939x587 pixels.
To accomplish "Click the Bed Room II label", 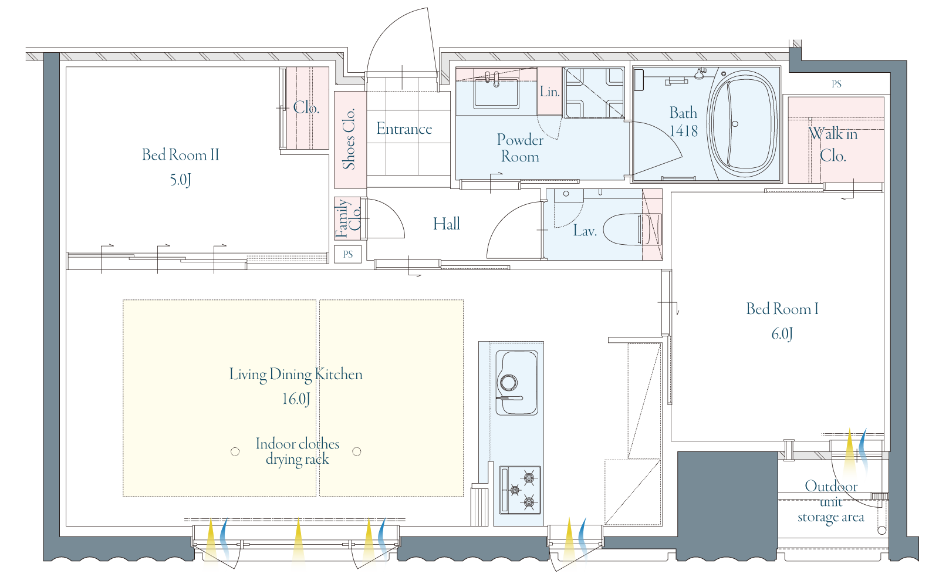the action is coord(181,155).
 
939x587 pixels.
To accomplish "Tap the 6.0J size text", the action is coord(782,334).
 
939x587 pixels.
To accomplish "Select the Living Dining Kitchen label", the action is coord(296,375).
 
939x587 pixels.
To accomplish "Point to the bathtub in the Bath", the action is coord(742,124).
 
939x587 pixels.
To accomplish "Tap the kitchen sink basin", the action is coord(517,382).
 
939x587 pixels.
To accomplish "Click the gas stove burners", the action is coord(520,490).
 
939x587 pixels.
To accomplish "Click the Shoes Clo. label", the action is coord(349,139).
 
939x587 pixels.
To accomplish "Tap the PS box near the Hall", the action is coord(348,255).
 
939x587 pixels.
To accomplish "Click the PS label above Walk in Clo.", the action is coord(836,84).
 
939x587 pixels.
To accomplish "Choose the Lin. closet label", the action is coord(549,92).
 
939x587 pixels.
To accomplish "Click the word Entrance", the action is coord(404,129).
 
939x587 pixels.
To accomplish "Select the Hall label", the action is coord(447,224).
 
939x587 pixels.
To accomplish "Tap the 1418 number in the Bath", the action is coord(683,131).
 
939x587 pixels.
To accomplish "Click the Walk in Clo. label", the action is coord(833,144).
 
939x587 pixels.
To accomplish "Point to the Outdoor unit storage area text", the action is coord(831,502).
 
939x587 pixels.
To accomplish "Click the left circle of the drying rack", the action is coord(235,451).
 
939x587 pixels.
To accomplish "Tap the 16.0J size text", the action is coord(296,399).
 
